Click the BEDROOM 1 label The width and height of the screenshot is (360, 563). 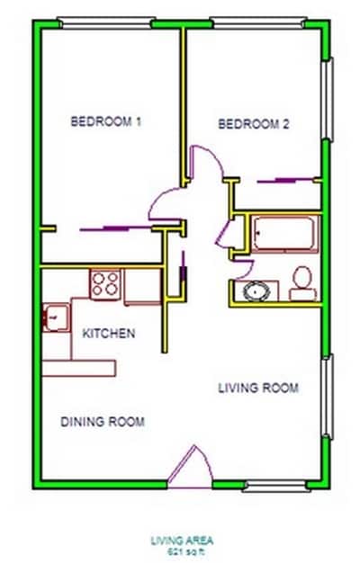pos(106,122)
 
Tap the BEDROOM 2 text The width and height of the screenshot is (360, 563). pos(254,125)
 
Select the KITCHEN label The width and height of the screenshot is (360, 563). pos(109,334)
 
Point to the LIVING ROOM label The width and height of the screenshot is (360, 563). pos(258,388)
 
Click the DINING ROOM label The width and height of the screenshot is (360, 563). pos(103,421)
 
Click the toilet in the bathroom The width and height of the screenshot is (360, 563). pos(301,281)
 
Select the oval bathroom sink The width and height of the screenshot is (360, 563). pos(256,291)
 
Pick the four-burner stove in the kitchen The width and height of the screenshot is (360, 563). pos(105,284)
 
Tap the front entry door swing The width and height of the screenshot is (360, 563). pos(186,470)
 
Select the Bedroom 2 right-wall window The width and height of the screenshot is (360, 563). pos(328,99)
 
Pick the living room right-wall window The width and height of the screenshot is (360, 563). pos(328,396)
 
